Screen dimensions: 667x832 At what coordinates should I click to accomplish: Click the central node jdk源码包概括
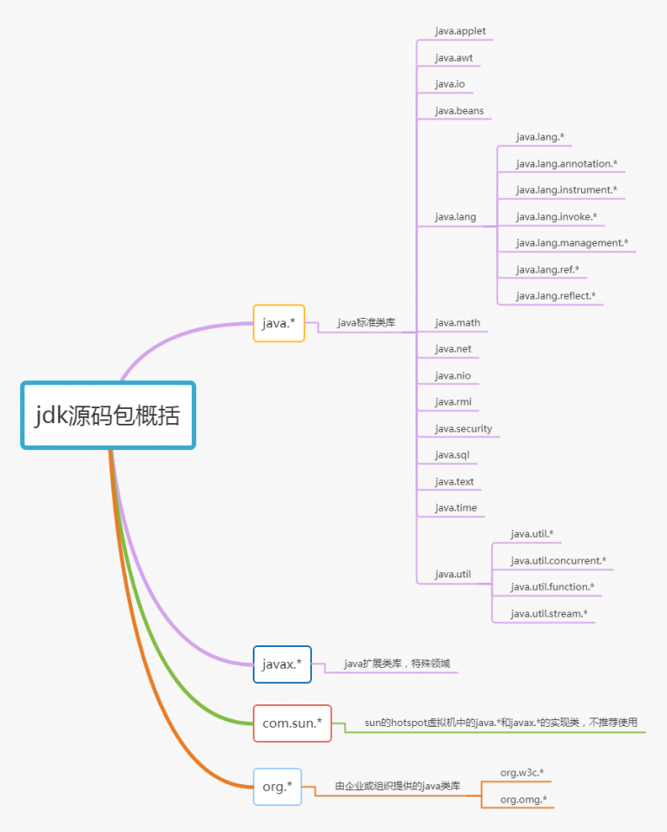point(109,415)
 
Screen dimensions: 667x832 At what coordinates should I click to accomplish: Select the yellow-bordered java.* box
point(279,323)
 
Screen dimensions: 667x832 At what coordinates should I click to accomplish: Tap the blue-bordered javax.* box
point(281,664)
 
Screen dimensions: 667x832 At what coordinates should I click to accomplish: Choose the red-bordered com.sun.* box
point(292,723)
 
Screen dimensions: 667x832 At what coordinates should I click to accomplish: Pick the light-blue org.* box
point(277,786)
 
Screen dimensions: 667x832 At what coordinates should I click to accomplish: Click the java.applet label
point(460,31)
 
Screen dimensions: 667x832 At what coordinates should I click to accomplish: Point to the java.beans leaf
point(459,111)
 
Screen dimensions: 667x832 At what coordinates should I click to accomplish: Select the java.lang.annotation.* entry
point(566,164)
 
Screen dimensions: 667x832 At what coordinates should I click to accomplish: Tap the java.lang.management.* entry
point(571,243)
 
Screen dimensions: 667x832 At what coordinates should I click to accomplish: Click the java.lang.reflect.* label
point(556,296)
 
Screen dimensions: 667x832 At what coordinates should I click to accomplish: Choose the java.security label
point(463,429)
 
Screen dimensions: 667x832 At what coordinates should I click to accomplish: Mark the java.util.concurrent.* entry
point(558,561)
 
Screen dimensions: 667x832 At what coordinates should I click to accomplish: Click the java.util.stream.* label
point(549,614)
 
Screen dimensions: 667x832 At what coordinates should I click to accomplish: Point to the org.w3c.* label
point(522,773)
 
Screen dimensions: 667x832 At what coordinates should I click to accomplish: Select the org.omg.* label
point(523,800)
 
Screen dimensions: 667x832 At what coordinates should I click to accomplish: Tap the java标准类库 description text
point(367,322)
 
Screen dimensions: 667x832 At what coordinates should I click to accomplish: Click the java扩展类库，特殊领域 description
point(397,664)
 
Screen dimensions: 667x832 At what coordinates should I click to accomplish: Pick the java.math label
point(458,322)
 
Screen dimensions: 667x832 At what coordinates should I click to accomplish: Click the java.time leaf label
point(456,508)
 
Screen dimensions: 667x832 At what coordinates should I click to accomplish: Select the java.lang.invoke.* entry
point(556,216)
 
